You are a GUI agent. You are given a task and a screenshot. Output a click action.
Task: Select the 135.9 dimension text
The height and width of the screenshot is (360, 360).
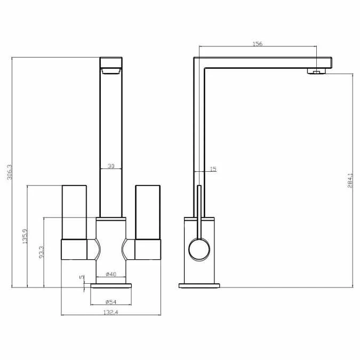point(25,236)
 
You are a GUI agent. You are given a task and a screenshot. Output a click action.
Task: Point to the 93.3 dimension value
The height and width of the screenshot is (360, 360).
point(42,252)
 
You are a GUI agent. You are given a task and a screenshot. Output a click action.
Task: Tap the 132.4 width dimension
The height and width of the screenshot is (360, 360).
point(111,312)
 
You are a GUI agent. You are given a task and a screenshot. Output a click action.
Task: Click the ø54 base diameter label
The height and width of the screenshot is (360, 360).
point(111,301)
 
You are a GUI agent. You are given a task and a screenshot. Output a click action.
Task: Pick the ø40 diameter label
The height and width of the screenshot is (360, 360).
point(111,274)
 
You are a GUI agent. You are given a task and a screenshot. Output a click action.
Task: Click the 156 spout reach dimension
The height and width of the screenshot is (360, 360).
point(257,44)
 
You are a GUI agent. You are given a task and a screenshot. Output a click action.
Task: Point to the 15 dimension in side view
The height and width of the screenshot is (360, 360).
point(213,169)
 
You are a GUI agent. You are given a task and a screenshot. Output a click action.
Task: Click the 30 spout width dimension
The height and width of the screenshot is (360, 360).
point(111,166)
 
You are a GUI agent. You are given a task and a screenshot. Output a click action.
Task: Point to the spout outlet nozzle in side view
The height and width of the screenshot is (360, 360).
point(316,71)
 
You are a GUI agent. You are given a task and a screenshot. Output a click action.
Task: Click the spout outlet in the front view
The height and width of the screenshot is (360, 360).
point(111,70)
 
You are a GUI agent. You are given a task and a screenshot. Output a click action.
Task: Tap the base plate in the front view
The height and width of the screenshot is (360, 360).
point(111,286)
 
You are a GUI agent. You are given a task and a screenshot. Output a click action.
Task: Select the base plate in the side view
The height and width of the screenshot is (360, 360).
point(199,286)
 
